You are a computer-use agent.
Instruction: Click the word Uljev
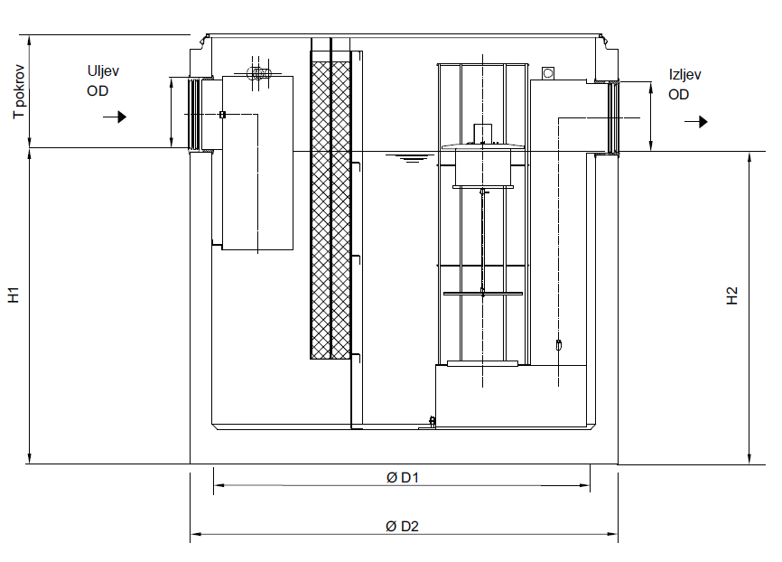(102, 71)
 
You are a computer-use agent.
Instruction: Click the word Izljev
(685, 76)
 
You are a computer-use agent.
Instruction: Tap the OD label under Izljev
(679, 95)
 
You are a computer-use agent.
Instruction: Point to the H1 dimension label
(14, 295)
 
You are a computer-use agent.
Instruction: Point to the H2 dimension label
(732, 295)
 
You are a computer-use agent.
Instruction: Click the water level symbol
(413, 159)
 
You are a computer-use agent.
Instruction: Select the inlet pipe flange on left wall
(193, 114)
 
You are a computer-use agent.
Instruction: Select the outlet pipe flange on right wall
(614, 117)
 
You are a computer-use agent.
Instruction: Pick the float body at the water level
(482, 167)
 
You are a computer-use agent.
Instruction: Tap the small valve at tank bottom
(433, 420)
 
